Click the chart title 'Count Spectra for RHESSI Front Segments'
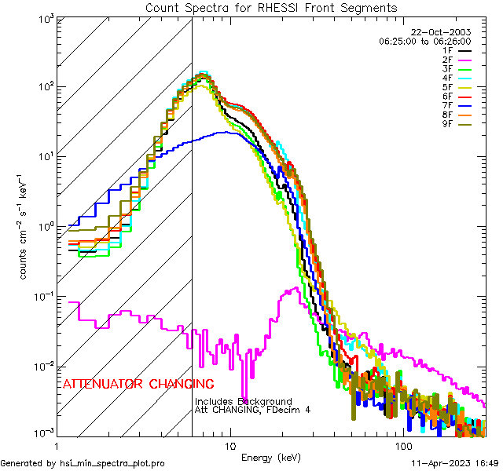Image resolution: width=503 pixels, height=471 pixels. coord(271,7)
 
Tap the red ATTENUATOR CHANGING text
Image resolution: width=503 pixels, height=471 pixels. coord(138,385)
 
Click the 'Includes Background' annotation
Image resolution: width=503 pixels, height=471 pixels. coord(244,401)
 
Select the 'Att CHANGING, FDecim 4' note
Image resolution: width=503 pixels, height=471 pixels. coord(252,410)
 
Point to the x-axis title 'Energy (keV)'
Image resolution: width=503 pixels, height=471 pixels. coord(271,457)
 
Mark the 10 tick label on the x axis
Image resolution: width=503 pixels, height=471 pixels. coord(229,446)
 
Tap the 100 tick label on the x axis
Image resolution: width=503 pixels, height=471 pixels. coord(402,446)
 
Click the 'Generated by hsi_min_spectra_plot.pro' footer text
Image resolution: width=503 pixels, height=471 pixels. coord(83,464)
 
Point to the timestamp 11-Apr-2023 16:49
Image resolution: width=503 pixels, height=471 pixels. coord(454,464)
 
